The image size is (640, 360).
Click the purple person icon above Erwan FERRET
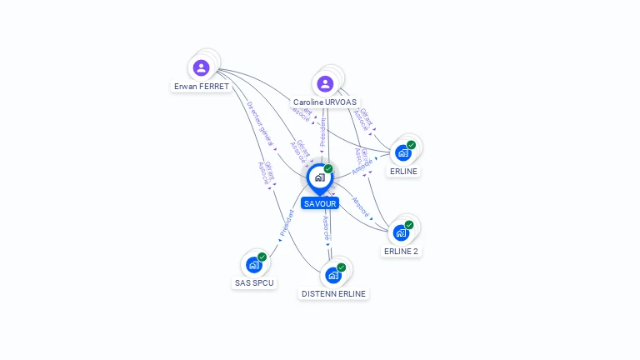coord(201,67)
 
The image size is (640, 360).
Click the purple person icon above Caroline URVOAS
coord(325,83)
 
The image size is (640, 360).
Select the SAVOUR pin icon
coord(319,177)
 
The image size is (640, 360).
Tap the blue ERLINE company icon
coord(403,152)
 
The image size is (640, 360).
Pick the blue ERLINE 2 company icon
coord(401,232)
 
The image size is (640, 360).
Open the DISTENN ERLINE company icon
coord(333,275)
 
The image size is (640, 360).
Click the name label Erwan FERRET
coord(201,86)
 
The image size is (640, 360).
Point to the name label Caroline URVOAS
coord(325,102)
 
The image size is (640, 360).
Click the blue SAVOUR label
coord(320,203)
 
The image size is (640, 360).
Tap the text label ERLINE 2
coord(401,251)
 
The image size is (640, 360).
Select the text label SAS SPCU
coord(254,282)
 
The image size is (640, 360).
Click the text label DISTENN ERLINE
coord(333,293)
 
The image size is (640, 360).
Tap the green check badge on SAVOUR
coord(328,169)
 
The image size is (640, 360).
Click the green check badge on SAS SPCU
coord(262,257)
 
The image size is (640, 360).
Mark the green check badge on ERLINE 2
coord(409,225)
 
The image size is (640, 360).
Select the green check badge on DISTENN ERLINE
coord(341,267)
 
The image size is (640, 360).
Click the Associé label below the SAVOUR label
coord(326,226)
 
